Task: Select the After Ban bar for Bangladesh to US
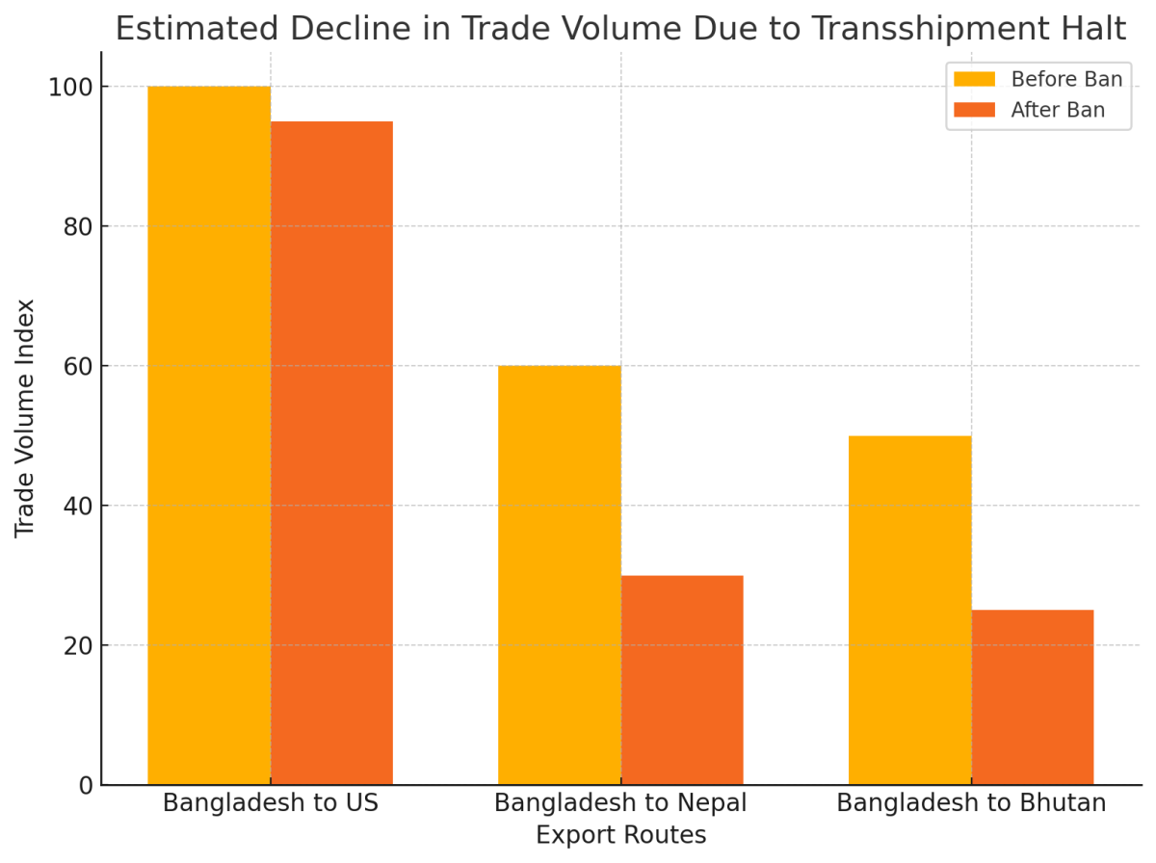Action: pyautogui.click(x=331, y=453)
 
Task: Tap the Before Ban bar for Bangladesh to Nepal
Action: pyautogui.click(x=559, y=575)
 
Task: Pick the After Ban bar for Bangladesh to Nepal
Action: pyautogui.click(x=682, y=680)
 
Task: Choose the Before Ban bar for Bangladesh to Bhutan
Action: pyautogui.click(x=909, y=610)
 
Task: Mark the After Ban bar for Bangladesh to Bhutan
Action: pyautogui.click(x=1032, y=697)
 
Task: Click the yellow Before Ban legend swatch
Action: pyautogui.click(x=974, y=79)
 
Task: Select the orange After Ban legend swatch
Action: pyautogui.click(x=974, y=110)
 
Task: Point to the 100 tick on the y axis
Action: pyautogui.click(x=72, y=88)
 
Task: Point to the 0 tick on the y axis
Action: pyautogui.click(x=85, y=786)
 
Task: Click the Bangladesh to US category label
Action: pyautogui.click(x=271, y=803)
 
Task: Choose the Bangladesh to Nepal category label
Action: pyautogui.click(x=620, y=803)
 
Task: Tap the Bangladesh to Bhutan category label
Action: pyautogui.click(x=971, y=803)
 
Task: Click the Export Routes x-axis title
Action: pyautogui.click(x=620, y=835)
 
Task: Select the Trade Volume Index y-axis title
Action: pyautogui.click(x=26, y=418)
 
